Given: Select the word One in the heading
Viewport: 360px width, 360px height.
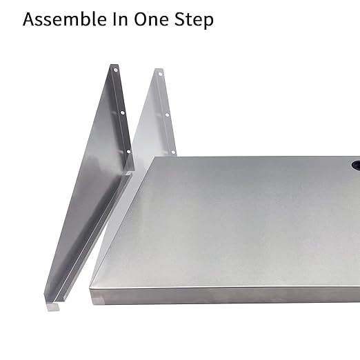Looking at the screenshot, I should pos(152,19).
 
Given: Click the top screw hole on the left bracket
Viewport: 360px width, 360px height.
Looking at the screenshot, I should pos(116,70).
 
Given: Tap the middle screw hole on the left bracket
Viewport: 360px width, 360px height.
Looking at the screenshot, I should pos(123,112).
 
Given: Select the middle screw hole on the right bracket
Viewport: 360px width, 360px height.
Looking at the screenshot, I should pos(166,114).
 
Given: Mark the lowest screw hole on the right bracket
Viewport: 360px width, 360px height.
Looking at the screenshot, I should pos(173,152).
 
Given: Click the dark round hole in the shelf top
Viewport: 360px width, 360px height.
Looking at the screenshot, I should pos(355,166).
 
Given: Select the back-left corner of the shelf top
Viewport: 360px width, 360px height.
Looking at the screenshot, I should pos(153,159).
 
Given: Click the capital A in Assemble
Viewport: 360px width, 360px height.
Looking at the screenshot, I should pos(30,19).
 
